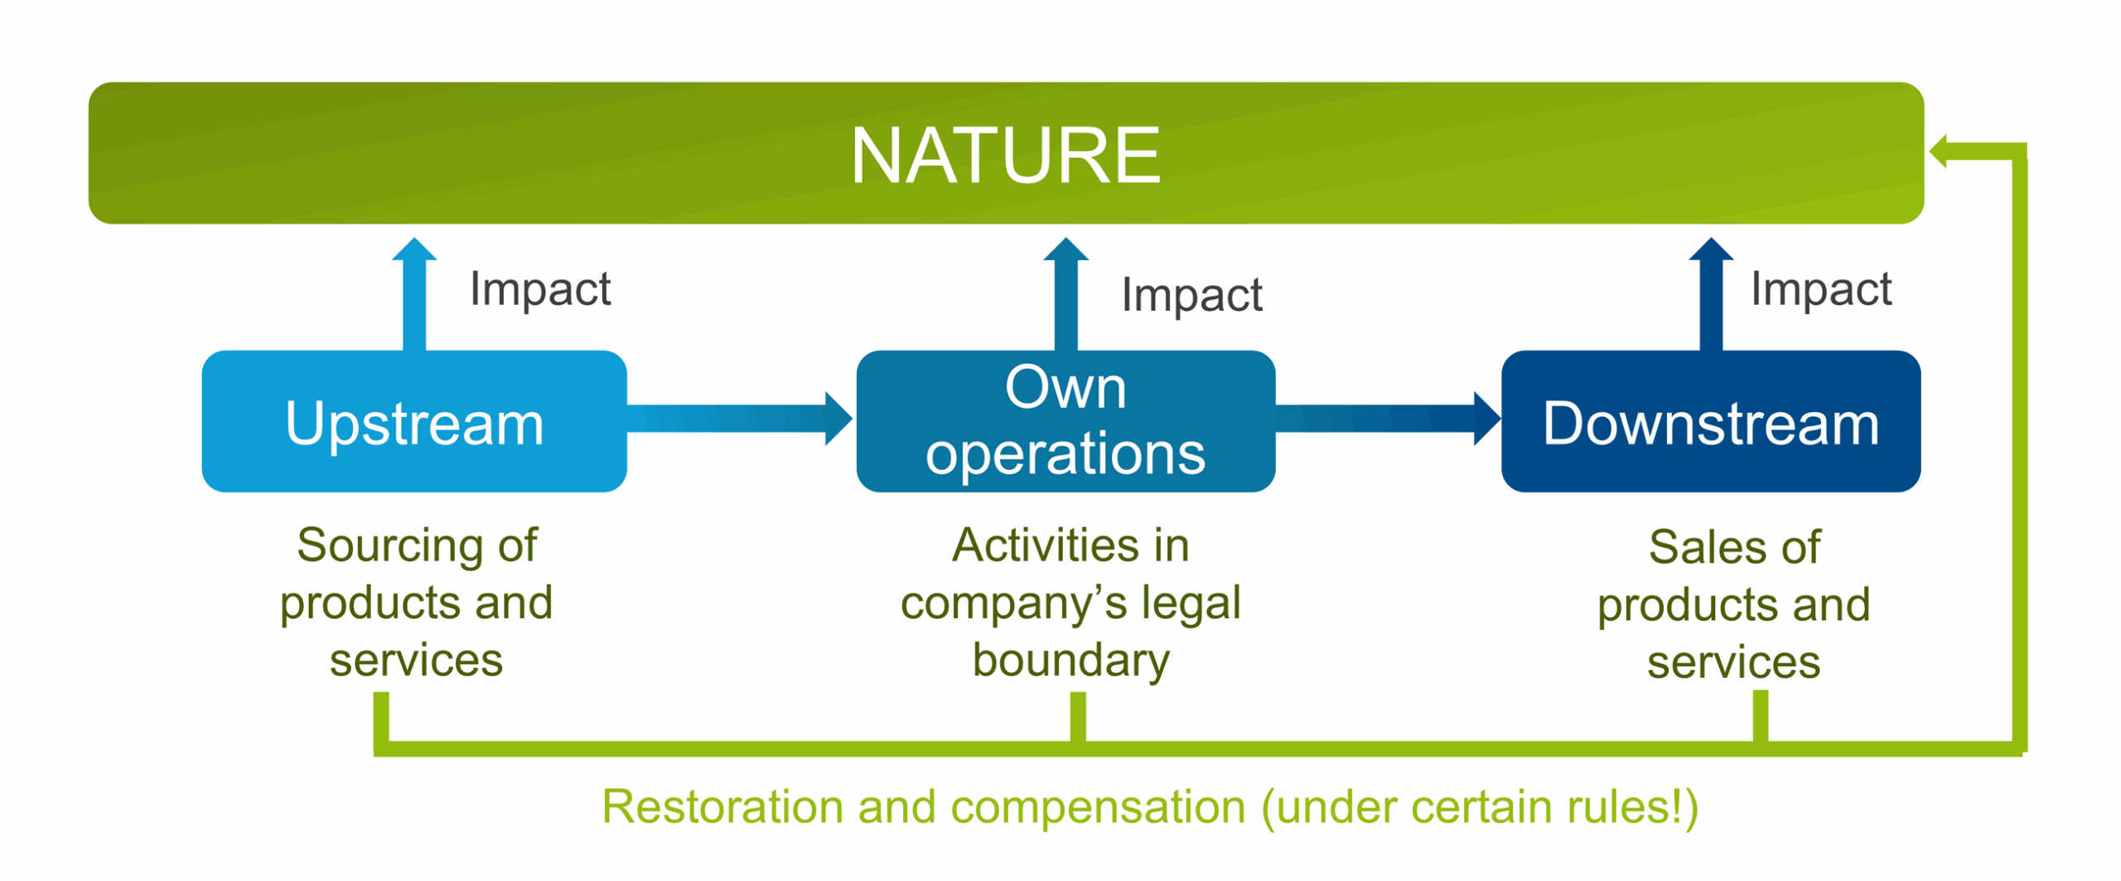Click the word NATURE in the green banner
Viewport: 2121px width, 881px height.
[x=1005, y=155]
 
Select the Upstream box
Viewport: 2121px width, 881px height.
[x=413, y=422]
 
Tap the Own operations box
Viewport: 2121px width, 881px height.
[x=1065, y=422]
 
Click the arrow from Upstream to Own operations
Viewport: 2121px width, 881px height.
[x=737, y=419]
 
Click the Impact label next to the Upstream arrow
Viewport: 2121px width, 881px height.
[x=540, y=289]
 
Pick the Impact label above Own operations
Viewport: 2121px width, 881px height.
[x=1191, y=295]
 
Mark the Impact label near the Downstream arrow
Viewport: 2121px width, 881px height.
[x=1820, y=289]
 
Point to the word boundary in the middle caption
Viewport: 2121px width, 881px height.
[x=1070, y=661]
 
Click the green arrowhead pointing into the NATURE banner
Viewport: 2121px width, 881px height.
[x=1940, y=152]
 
